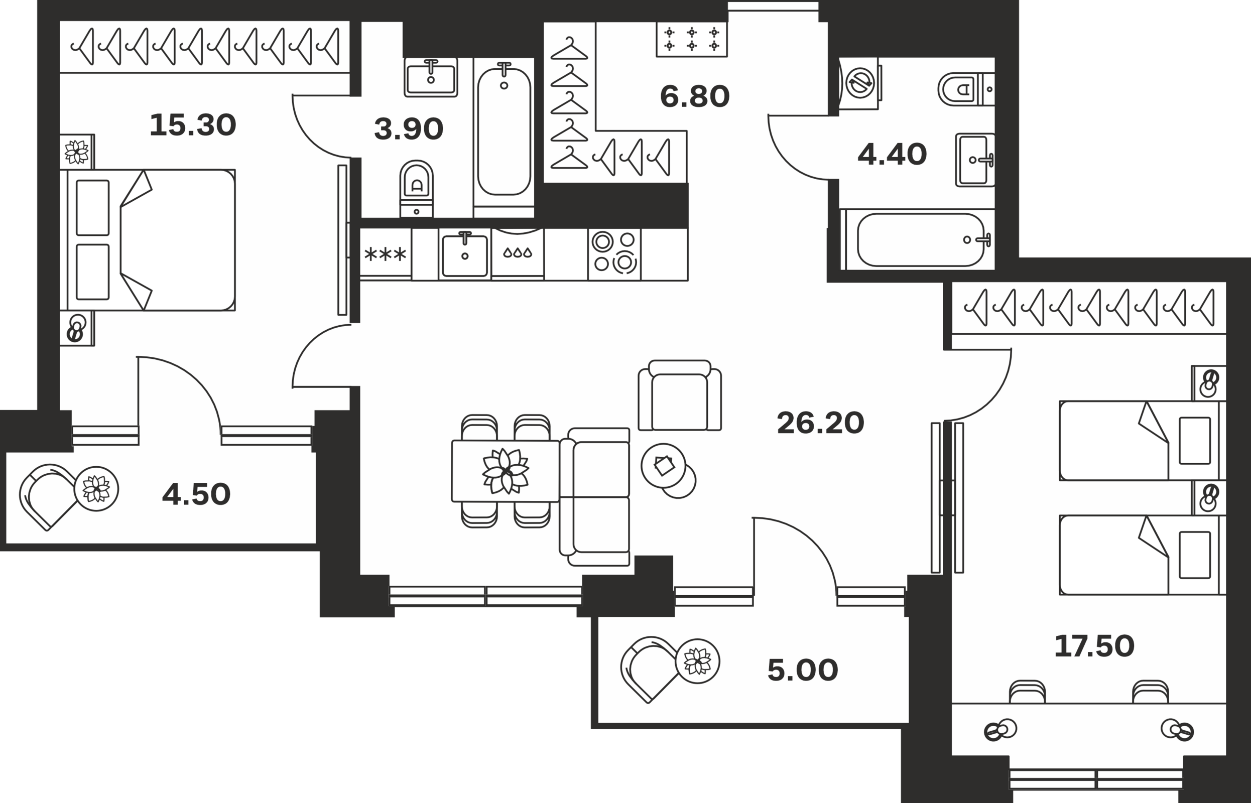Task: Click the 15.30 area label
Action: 192,125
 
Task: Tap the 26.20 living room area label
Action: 820,423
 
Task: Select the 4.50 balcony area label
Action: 197,494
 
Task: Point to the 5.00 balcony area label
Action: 803,670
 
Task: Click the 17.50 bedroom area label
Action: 1094,646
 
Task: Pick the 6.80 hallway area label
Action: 695,97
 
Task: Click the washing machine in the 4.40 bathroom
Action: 859,83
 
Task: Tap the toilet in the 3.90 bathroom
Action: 416,188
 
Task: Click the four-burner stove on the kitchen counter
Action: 614,254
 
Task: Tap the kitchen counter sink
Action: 465,254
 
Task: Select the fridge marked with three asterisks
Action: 386,254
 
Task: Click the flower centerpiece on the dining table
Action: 506,471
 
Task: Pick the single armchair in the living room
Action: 680,395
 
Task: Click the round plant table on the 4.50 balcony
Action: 96,489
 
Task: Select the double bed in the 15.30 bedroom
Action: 148,240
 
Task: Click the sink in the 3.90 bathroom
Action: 431,77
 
